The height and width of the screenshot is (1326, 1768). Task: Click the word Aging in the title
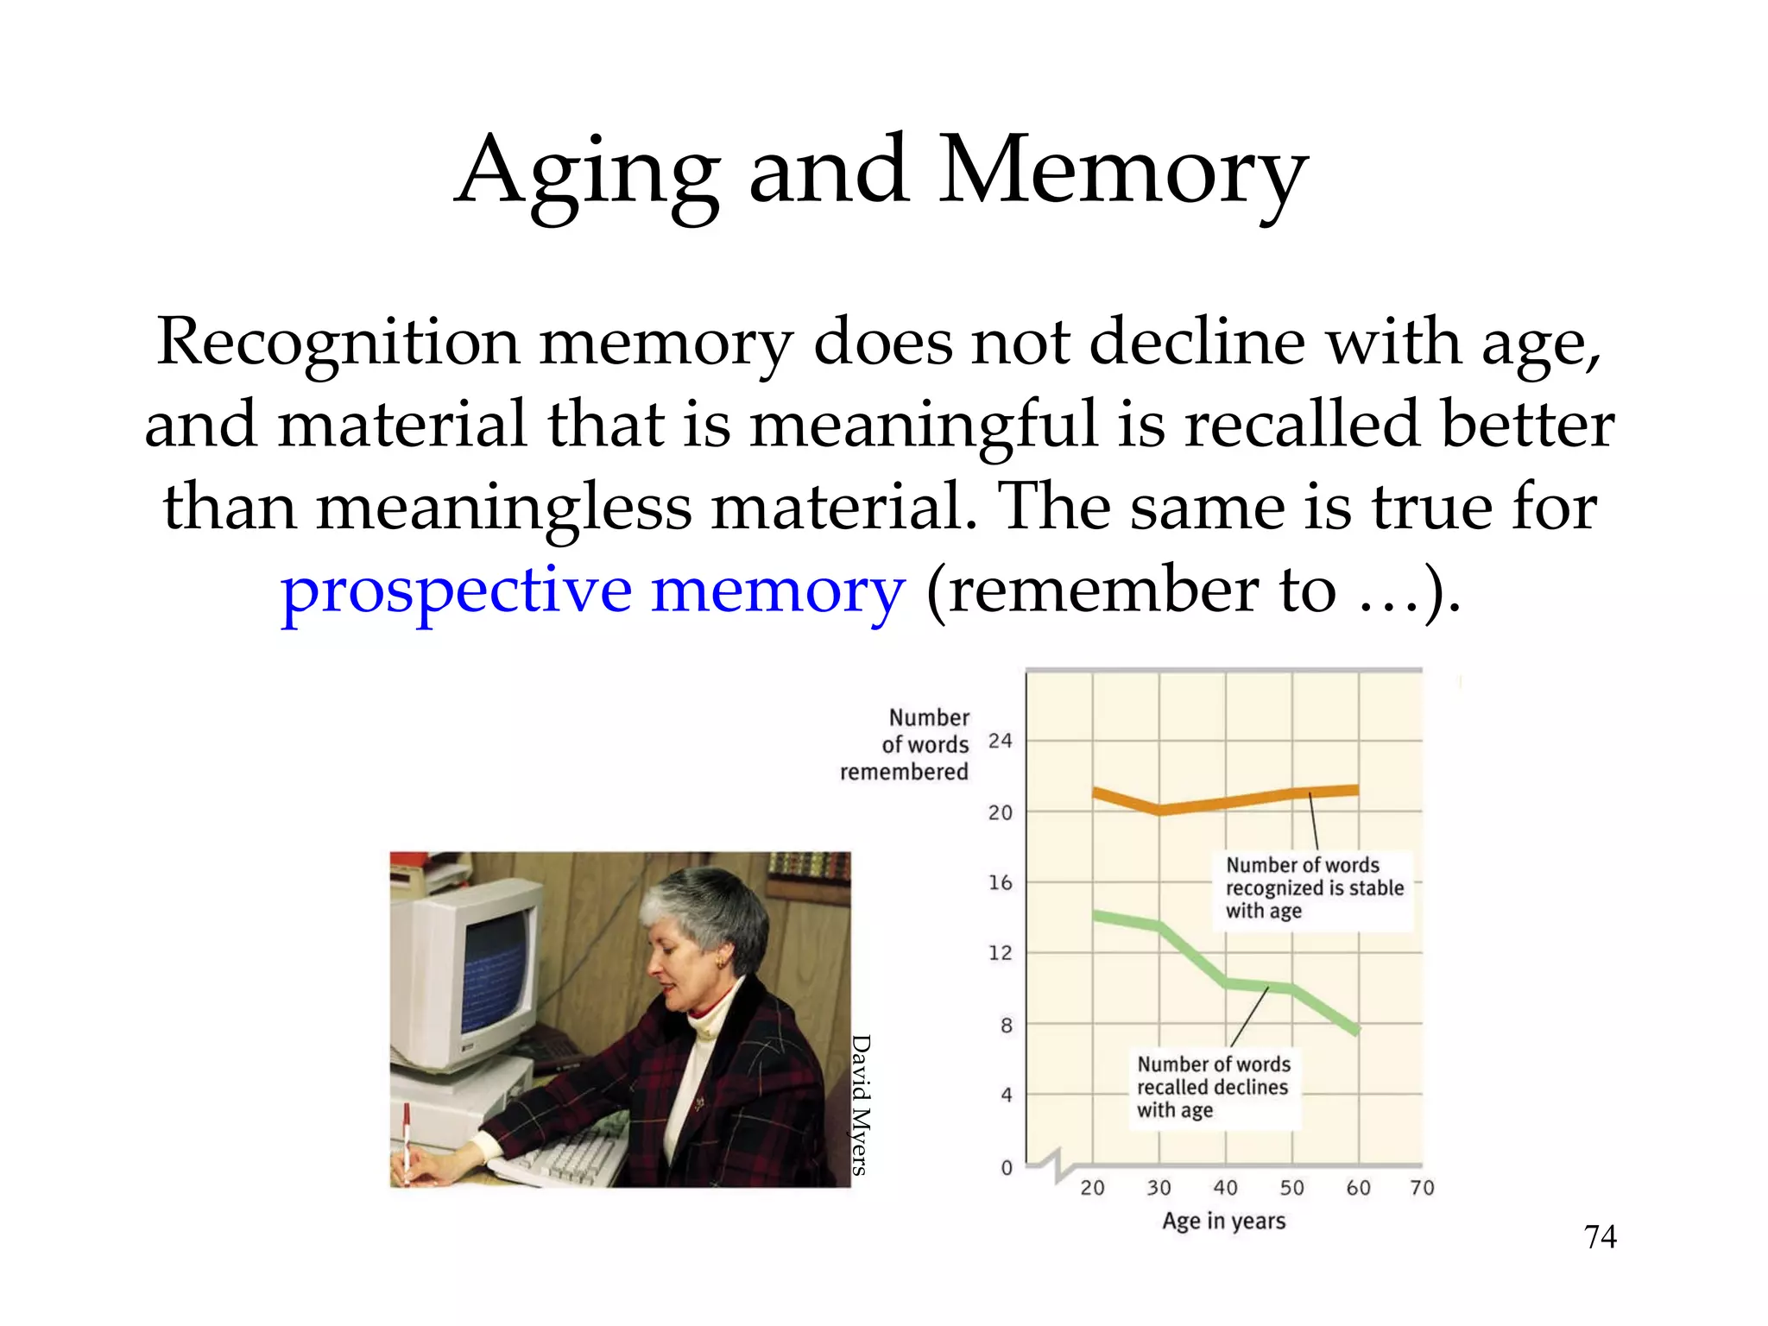(587, 173)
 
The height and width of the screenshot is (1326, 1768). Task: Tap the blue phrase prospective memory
(592, 590)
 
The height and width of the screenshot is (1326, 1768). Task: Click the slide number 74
(1600, 1237)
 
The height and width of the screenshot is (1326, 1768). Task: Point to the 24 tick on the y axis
(1000, 741)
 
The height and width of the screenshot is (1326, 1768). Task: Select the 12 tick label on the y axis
(1000, 953)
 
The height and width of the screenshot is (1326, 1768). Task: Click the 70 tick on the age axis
(1422, 1188)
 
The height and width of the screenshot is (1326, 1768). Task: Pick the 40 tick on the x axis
(1225, 1188)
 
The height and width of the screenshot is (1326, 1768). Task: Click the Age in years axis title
(1223, 1221)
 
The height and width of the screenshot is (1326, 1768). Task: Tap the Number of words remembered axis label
(906, 744)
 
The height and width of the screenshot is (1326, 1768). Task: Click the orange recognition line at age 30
(1159, 810)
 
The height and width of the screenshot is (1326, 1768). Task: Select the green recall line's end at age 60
(1356, 1029)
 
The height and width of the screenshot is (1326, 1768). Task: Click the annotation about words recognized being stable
(1314, 888)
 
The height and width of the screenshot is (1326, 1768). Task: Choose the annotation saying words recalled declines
(1213, 1087)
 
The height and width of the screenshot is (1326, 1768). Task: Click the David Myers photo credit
(860, 1105)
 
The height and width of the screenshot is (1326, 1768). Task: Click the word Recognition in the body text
(337, 343)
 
